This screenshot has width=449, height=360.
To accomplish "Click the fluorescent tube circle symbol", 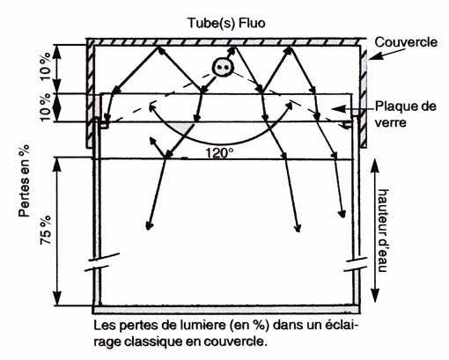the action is [x=222, y=68].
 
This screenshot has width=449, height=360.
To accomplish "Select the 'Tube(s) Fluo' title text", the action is [x=226, y=23].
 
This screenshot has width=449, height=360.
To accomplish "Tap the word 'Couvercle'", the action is [x=406, y=42].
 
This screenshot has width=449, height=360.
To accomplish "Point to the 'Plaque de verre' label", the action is [x=406, y=114].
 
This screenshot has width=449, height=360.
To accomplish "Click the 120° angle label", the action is [x=219, y=153].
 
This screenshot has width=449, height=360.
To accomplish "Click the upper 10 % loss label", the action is [x=46, y=66].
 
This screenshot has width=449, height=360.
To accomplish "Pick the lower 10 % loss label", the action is [x=46, y=107].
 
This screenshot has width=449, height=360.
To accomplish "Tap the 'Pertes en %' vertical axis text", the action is [x=24, y=180].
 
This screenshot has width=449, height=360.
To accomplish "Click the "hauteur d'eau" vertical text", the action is [x=383, y=231].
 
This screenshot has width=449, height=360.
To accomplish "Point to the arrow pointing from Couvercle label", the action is [x=386, y=54].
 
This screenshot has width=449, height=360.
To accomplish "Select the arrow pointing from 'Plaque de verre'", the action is [x=353, y=108].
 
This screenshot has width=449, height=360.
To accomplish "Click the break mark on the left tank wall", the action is [x=102, y=262].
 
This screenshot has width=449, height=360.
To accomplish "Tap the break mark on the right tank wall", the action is [x=356, y=264].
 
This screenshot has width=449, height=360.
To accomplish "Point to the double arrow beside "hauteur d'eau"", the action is [x=375, y=231].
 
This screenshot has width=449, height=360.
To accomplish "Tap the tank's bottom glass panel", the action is [x=226, y=309].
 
